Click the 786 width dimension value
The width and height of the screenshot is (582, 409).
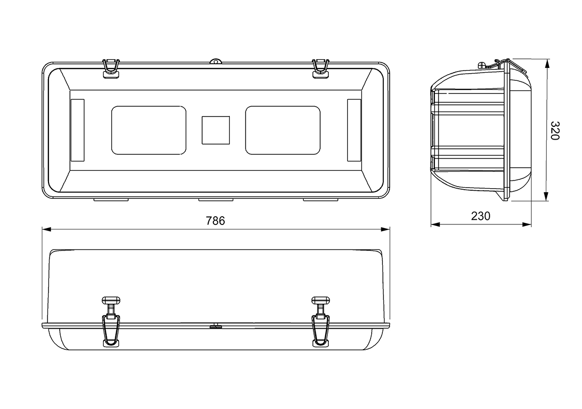click(x=215, y=221)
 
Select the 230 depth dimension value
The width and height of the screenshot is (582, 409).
click(x=480, y=216)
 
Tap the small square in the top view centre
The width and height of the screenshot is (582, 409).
click(x=215, y=130)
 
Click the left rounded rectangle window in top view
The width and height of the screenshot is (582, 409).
click(x=149, y=130)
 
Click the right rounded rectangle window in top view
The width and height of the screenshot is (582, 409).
click(x=283, y=130)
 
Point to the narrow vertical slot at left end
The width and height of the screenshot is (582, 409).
click(x=77, y=130)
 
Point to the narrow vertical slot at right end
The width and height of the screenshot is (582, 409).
click(x=354, y=130)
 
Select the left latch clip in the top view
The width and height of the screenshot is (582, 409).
click(x=111, y=69)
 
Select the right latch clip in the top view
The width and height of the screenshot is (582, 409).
click(x=320, y=69)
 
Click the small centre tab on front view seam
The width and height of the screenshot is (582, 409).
click(x=215, y=325)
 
